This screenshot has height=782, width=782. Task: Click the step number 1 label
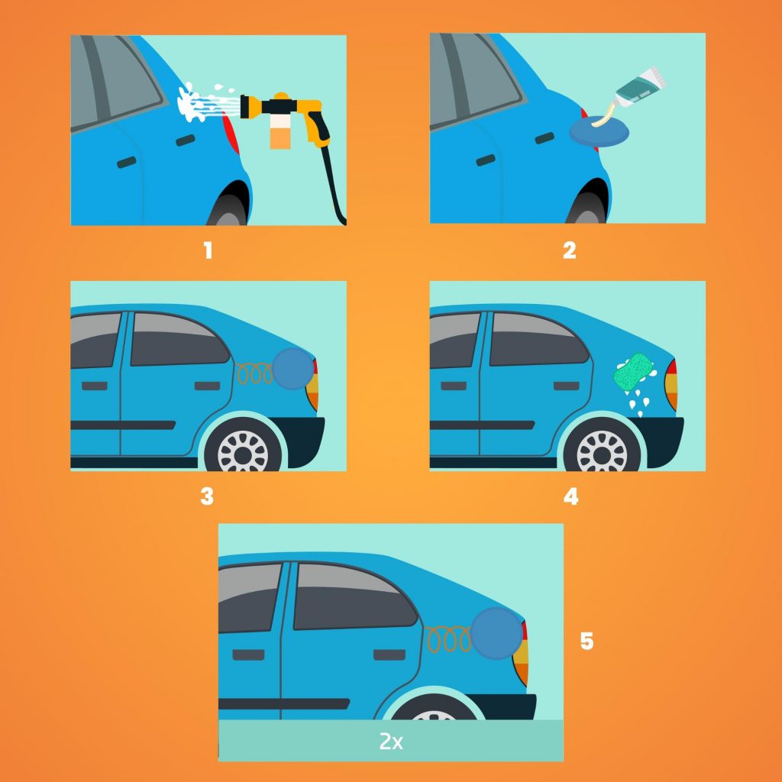[x=208, y=250]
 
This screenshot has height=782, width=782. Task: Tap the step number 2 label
[x=569, y=250]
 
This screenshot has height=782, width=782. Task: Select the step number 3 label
[x=207, y=496]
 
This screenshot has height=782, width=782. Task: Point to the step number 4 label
[x=570, y=496]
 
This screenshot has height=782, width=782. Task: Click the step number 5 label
[x=586, y=641]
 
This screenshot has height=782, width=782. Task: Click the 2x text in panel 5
[x=390, y=742]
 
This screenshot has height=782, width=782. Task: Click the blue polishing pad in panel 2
[x=599, y=131]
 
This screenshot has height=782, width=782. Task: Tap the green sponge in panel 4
[x=633, y=372]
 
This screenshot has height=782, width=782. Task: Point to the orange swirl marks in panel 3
[x=254, y=373]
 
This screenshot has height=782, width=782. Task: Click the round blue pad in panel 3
[x=292, y=368]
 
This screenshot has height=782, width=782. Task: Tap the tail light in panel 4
[x=671, y=385]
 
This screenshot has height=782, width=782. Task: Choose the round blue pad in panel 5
[x=496, y=633]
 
